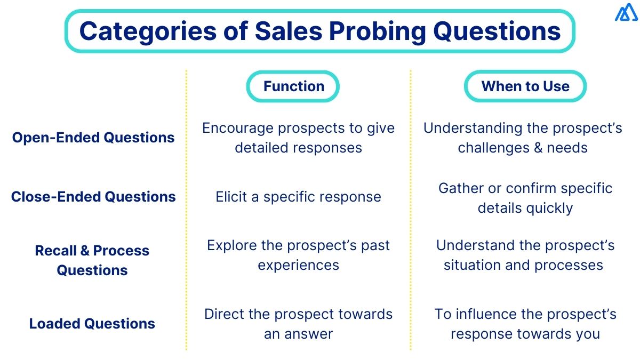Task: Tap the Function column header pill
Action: tap(293, 86)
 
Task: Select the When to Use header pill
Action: tap(525, 86)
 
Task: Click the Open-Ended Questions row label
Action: tap(93, 138)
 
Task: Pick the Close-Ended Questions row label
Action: tap(93, 197)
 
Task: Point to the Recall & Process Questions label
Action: tap(92, 260)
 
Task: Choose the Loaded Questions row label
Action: tap(92, 324)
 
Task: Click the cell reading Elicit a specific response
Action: tap(298, 197)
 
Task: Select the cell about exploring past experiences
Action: tap(298, 255)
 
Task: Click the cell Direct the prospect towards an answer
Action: tap(298, 324)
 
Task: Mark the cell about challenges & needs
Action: tap(523, 138)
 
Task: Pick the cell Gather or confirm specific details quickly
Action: tap(525, 198)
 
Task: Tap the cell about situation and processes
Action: tap(524, 255)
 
